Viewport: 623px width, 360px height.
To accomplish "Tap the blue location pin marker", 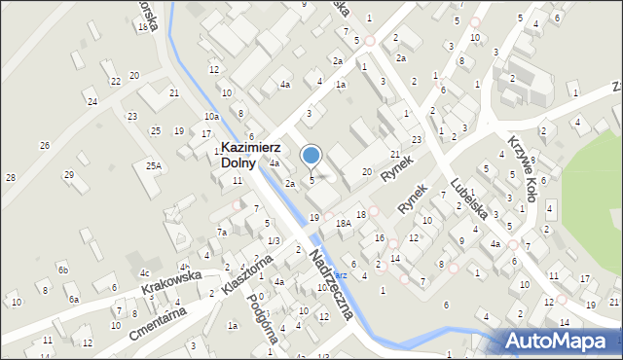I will (311, 155).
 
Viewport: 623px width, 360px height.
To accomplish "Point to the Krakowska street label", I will (169, 282).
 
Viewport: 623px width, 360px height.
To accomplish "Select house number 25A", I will (154, 166).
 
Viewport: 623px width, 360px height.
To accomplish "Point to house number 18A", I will (343, 223).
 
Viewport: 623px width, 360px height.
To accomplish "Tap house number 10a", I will (211, 117).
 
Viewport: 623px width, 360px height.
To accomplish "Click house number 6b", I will (62, 270).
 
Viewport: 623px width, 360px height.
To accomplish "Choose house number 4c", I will (144, 272).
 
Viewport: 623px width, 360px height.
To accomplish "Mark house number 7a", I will (222, 232).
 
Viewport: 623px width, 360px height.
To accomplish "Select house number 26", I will (44, 146).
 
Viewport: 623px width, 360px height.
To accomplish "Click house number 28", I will (10, 177).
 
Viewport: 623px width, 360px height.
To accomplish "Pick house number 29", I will (69, 174).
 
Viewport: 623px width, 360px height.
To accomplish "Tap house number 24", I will (92, 101).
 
